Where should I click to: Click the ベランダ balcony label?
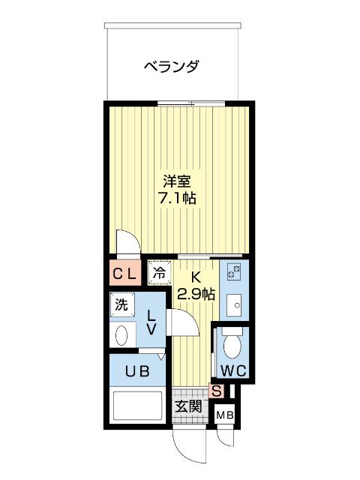[x=172, y=67]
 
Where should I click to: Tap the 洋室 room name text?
[x=177, y=181]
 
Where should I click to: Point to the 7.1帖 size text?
[x=177, y=199]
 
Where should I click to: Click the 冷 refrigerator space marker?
[x=159, y=273]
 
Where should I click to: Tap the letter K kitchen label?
[x=195, y=276]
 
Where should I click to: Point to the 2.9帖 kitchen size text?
[x=196, y=294]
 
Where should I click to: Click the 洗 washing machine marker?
[x=121, y=304]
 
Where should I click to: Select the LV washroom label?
[x=151, y=322]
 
